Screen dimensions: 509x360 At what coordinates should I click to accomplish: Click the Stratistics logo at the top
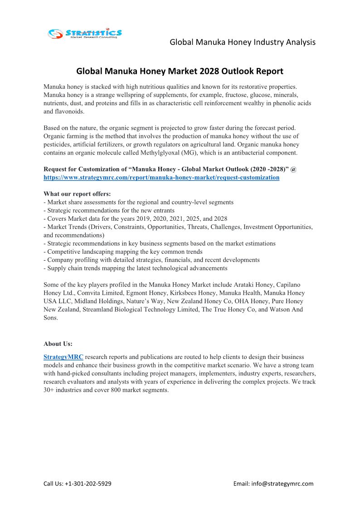[85, 34]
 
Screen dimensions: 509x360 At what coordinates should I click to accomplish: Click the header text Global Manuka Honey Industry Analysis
[243, 42]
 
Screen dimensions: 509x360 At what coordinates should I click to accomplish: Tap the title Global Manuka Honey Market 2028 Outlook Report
[180, 71]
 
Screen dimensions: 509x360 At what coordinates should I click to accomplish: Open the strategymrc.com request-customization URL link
[161, 178]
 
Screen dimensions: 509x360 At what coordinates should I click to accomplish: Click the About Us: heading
[58, 344]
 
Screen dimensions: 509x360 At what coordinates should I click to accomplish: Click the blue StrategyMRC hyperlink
[63, 357]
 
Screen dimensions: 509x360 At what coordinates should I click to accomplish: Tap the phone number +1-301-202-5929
[88, 484]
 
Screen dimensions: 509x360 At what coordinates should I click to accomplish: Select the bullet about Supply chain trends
[136, 268]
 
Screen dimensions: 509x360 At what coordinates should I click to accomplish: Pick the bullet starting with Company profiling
[151, 260]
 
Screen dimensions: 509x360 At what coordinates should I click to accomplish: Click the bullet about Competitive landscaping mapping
[123, 252]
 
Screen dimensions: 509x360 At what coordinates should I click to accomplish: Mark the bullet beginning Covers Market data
[136, 218]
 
